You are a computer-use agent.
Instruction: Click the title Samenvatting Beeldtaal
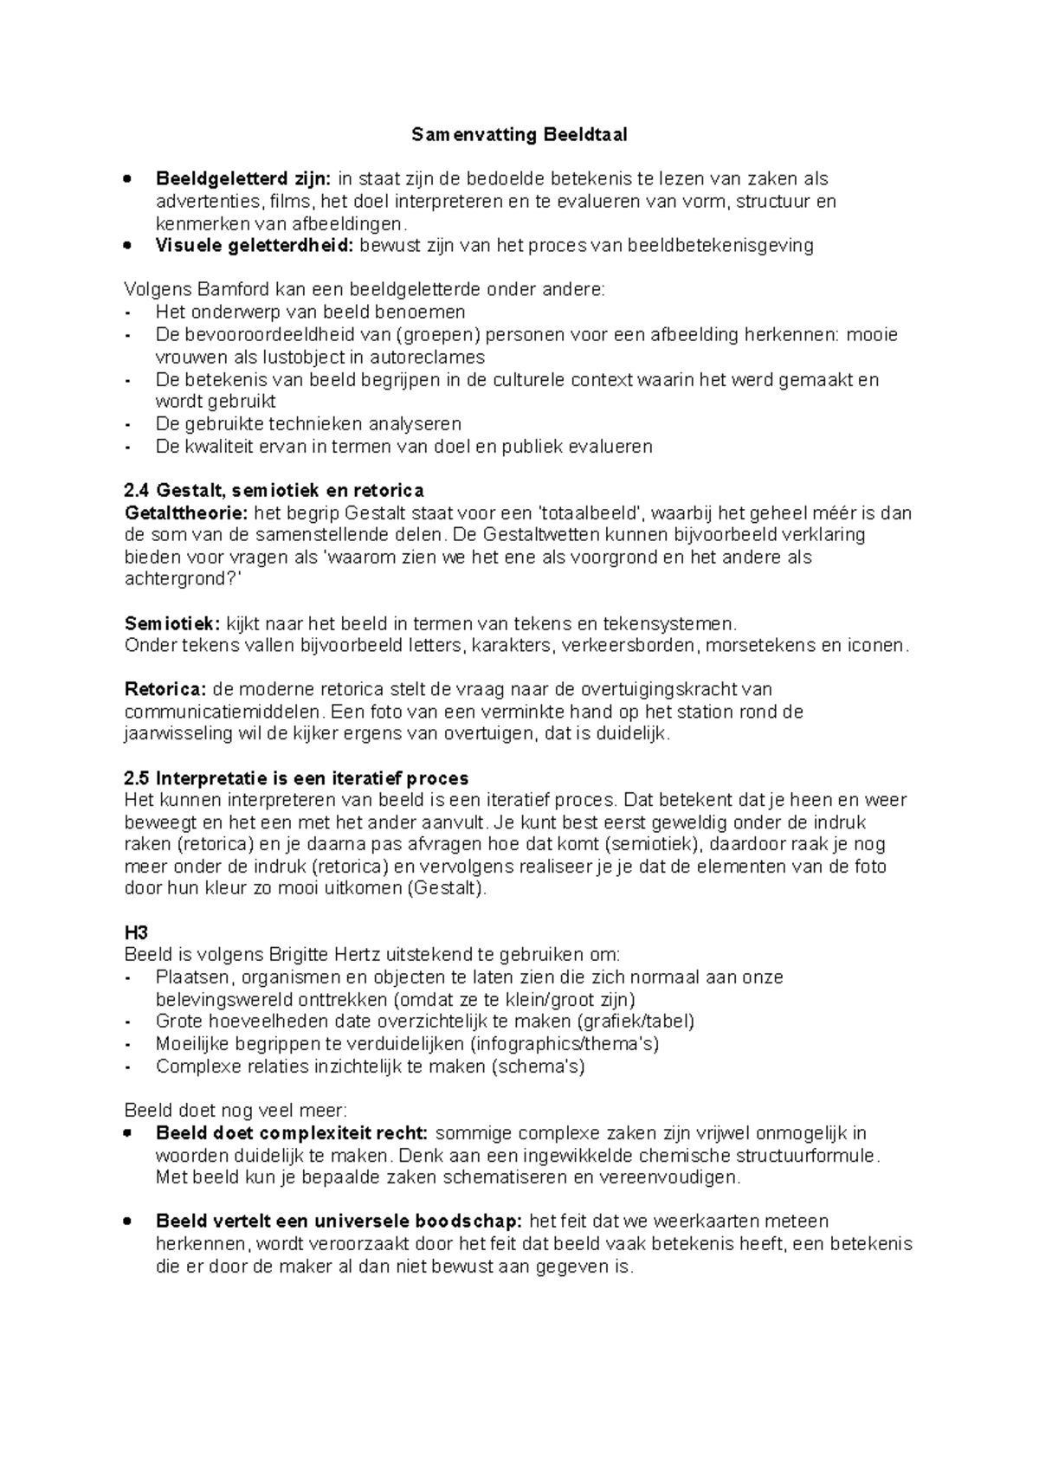pyautogui.click(x=519, y=135)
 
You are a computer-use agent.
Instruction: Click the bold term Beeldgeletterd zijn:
pyautogui.click(x=242, y=179)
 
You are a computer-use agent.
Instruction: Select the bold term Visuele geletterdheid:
pyautogui.click(x=255, y=246)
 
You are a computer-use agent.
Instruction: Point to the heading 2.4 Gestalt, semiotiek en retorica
pyautogui.click(x=274, y=491)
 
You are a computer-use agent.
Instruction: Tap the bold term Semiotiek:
pyautogui.click(x=172, y=624)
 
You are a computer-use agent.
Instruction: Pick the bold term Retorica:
pyautogui.click(x=165, y=690)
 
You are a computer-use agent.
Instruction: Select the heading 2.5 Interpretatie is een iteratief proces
pyautogui.click(x=296, y=778)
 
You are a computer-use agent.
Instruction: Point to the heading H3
pyautogui.click(x=136, y=933)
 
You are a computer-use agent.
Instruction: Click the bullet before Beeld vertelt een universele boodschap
pyautogui.click(x=128, y=1222)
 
